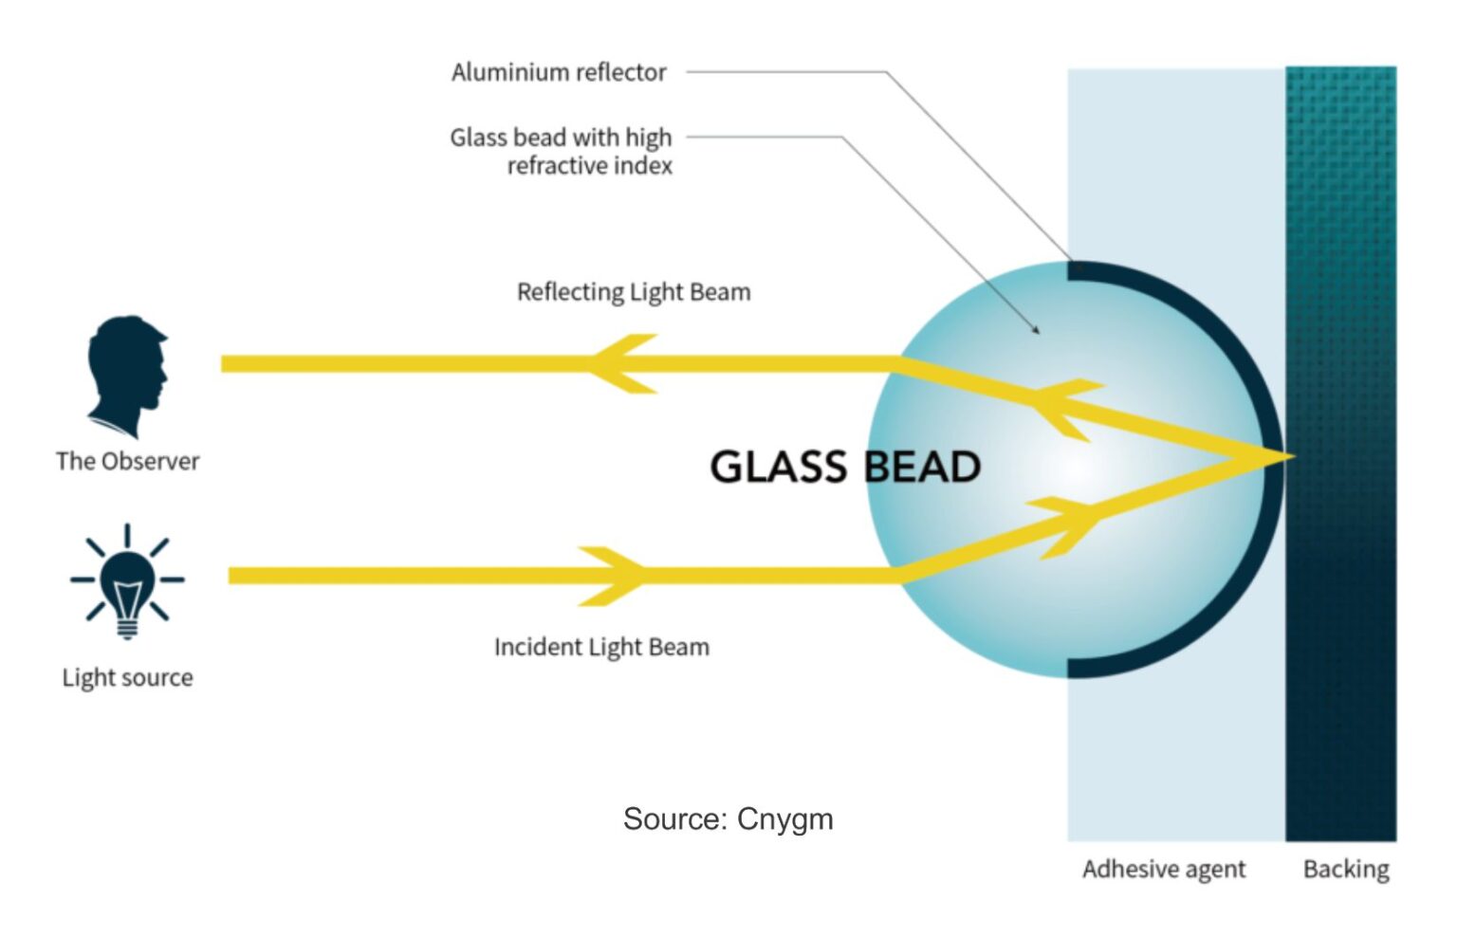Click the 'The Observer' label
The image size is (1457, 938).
coord(127,461)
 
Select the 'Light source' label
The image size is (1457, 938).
coord(127,677)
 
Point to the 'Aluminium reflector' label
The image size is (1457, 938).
coord(559,72)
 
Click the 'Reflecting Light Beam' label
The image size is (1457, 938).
coord(634,292)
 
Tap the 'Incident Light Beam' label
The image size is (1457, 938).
coord(601,647)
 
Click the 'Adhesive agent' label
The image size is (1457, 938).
coord(1164,869)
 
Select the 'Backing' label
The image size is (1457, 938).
coord(1346,869)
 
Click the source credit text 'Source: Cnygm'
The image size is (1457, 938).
coord(728,818)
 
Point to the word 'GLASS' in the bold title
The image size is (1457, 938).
coord(778,467)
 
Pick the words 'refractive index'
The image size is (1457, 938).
coord(589,166)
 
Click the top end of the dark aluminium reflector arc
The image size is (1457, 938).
coord(1076,269)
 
